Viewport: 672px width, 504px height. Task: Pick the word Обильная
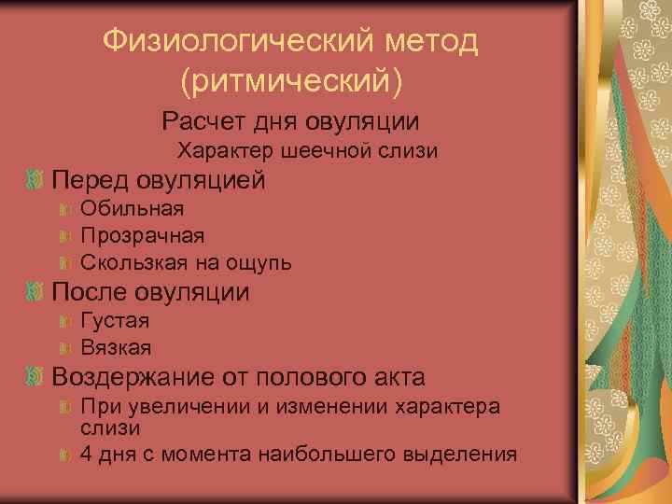(x=133, y=208)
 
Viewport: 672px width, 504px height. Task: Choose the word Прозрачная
(x=143, y=235)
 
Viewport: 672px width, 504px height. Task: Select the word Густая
(x=116, y=320)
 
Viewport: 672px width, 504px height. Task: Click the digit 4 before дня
(x=87, y=455)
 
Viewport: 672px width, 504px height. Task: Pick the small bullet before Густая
(x=64, y=321)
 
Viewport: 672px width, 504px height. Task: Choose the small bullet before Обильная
(x=64, y=209)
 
